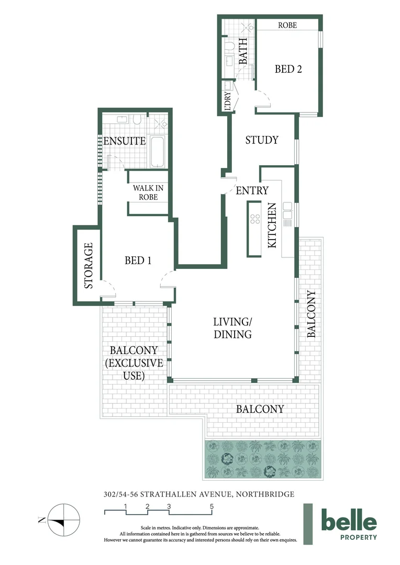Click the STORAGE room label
(88, 265)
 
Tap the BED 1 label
(138, 260)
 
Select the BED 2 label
(288, 69)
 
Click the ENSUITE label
(124, 141)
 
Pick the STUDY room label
(261, 140)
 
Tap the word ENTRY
(252, 190)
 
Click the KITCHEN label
(272, 226)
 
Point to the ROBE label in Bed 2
(287, 25)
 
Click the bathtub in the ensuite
(158, 152)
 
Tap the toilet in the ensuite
(138, 120)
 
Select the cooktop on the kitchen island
(255, 219)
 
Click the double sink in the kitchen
(287, 213)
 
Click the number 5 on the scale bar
(212, 506)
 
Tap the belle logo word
(349, 521)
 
